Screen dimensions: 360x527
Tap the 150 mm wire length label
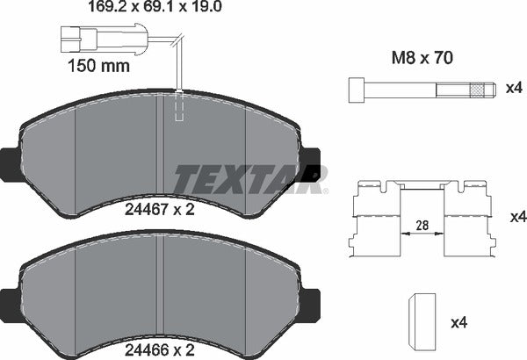[x=98, y=66]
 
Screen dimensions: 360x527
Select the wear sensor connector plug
[x=76, y=37]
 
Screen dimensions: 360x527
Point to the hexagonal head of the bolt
[x=356, y=90]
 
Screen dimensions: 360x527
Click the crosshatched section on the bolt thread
[x=478, y=90]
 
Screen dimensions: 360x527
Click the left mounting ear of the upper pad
[x=9, y=163]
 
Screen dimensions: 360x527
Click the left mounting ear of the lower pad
[x=9, y=299]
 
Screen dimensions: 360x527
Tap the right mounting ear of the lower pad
[x=312, y=299]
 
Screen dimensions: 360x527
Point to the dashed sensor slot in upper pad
[x=180, y=107]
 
